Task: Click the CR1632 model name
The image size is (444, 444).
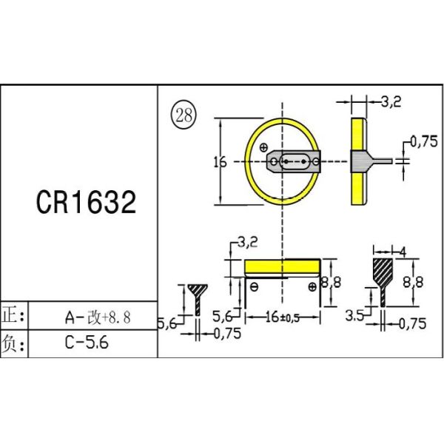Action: point(87,202)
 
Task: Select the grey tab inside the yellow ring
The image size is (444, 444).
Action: point(295,161)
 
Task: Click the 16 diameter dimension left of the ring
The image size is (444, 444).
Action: point(220,162)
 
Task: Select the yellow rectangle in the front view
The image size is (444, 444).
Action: point(282,267)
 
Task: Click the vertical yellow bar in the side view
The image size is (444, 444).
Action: point(359,161)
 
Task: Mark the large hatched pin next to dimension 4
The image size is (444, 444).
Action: point(383,276)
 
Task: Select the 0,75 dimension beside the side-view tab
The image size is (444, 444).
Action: point(423,143)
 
